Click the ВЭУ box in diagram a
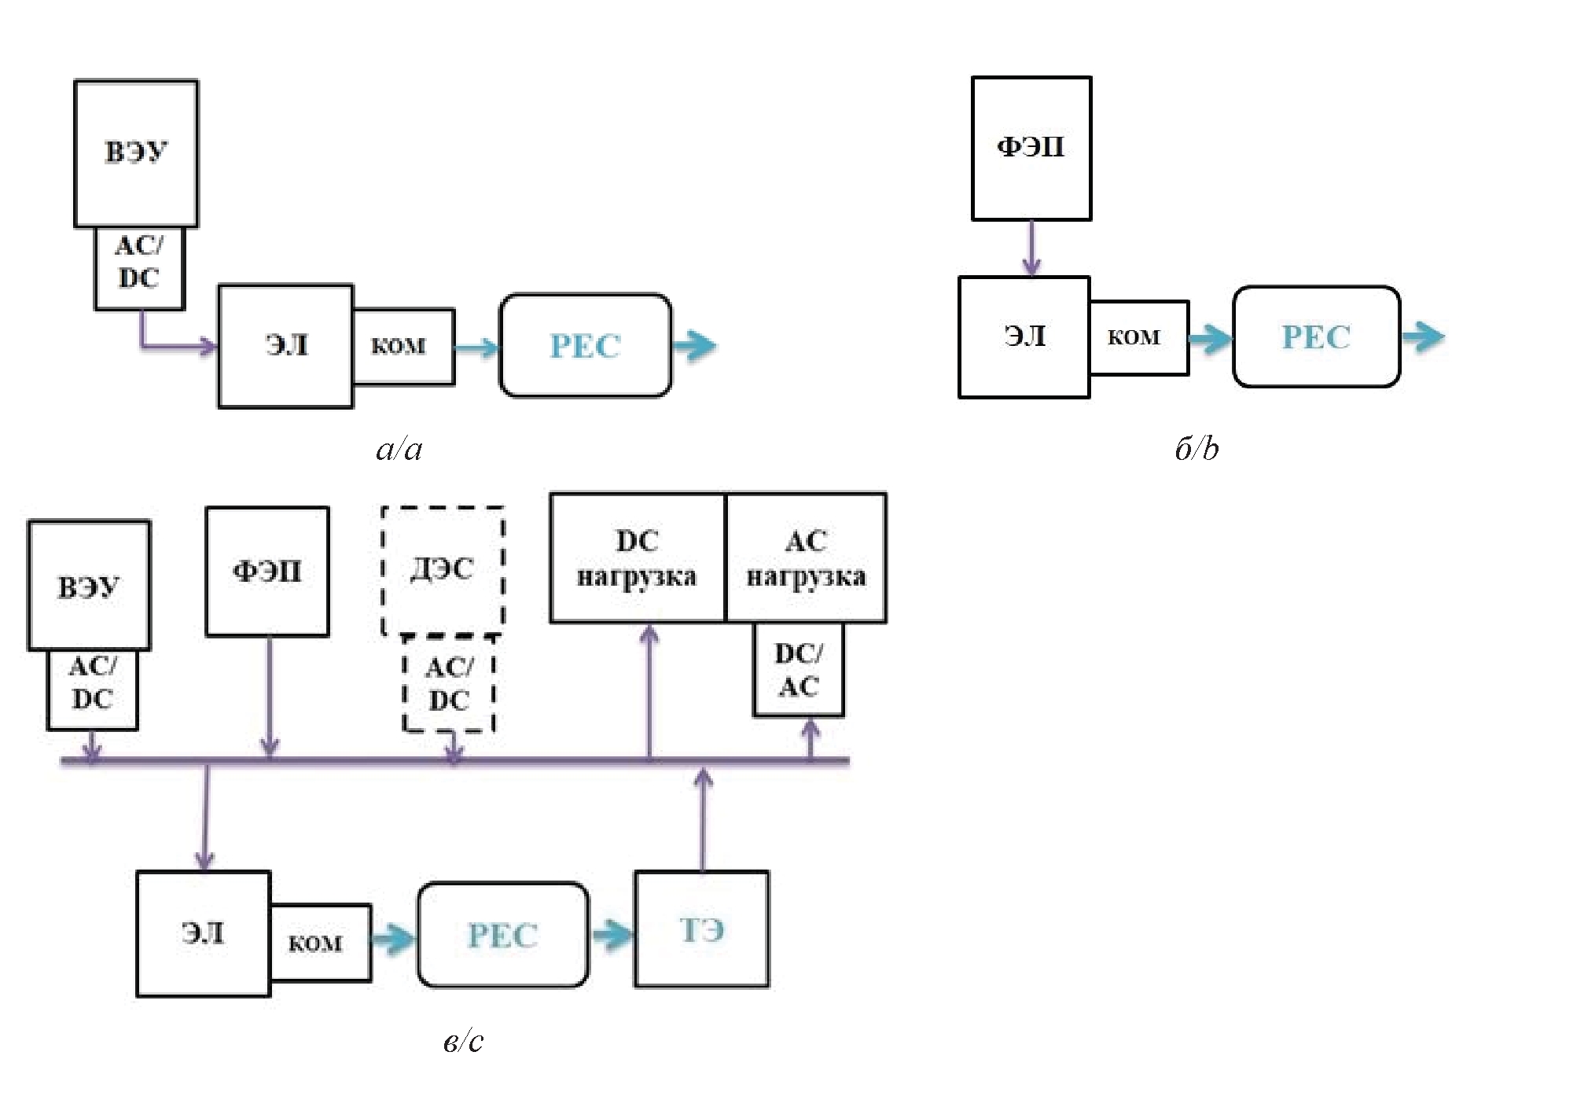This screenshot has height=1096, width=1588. tap(136, 153)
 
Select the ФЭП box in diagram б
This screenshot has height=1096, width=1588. tap(1031, 148)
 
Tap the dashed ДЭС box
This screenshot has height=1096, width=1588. tap(443, 570)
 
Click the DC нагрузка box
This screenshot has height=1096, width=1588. tap(638, 558)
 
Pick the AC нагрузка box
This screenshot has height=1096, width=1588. tap(806, 558)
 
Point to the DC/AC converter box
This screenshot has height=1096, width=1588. tap(799, 670)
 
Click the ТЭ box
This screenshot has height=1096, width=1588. tap(702, 929)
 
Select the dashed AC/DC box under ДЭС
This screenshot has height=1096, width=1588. tap(449, 684)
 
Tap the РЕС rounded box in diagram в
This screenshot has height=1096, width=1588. tap(503, 935)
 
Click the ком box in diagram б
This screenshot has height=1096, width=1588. tap(1138, 337)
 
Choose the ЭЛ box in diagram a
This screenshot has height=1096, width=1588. tap(285, 346)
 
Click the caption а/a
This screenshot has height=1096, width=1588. tap(399, 449)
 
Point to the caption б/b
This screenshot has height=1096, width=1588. tap(1197, 449)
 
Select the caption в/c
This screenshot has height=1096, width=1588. tap(463, 1041)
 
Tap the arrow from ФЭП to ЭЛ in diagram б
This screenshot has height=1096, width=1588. tap(1031, 248)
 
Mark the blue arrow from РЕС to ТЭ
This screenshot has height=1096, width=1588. tap(612, 935)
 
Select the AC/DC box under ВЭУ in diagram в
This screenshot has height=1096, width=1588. tap(93, 690)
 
